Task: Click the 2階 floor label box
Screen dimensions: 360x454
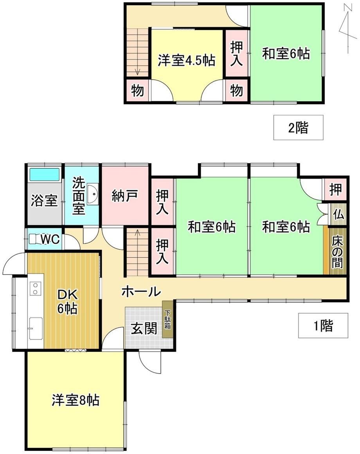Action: pos(298,127)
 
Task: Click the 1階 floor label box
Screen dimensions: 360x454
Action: pos(323,325)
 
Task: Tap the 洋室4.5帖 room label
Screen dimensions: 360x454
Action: pos(186,61)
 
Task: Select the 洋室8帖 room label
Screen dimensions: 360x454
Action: pos(76,400)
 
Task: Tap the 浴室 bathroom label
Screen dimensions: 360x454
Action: pos(44,201)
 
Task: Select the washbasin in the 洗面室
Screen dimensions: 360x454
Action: pos(93,194)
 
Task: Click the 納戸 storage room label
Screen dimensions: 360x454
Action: pos(124,196)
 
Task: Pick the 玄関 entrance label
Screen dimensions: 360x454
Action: pos(144,328)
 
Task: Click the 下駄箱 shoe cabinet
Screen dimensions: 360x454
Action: pos(167,319)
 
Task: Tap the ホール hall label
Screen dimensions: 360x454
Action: pos(141,292)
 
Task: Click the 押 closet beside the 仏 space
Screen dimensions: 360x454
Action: pos(335,189)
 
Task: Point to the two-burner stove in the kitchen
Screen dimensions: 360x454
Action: pos(35,288)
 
